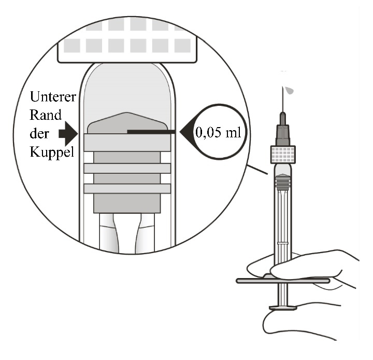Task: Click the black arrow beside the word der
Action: [x=68, y=134]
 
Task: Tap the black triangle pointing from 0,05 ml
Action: [x=185, y=132]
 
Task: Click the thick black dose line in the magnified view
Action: [x=152, y=132]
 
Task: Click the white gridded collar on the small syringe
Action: [x=283, y=154]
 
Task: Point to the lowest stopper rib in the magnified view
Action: [x=127, y=188]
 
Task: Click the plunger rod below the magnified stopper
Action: [x=127, y=233]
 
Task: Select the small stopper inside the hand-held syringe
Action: [x=283, y=179]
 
